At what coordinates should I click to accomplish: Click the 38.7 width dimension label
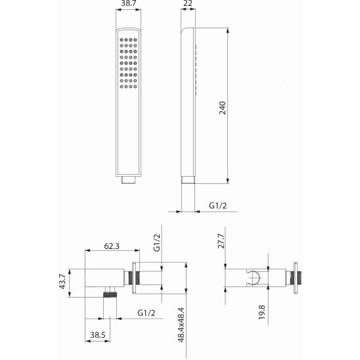[x=128, y=3]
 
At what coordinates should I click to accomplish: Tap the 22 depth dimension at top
[x=189, y=3]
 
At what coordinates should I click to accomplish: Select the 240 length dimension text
[x=222, y=108]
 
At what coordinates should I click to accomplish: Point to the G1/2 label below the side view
[x=218, y=205]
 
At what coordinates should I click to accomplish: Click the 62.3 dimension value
[x=112, y=246]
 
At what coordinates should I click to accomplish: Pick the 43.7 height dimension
[x=62, y=282]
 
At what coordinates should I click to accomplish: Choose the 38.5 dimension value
[x=98, y=335]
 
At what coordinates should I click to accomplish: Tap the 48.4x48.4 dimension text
[x=181, y=325]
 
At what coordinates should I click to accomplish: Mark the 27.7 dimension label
[x=221, y=241]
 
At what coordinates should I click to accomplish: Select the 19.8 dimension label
[x=261, y=312]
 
